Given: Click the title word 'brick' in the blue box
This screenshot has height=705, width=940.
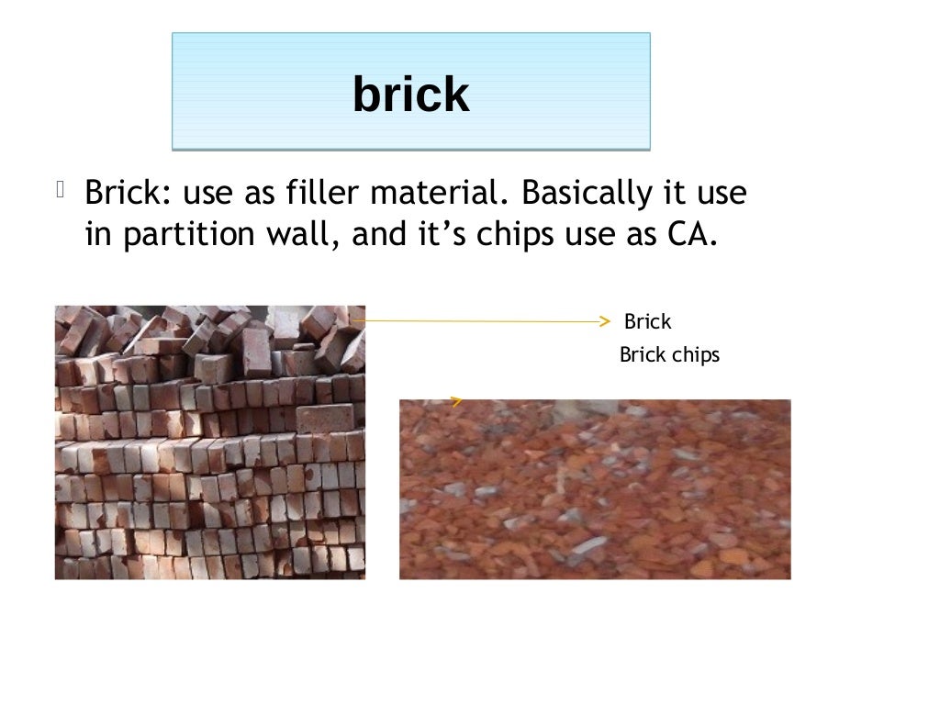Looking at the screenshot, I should pos(410,94).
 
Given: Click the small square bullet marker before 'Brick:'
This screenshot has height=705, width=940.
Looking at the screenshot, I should pos(60,191).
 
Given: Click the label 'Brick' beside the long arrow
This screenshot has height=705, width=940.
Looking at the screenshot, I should pos(647,322).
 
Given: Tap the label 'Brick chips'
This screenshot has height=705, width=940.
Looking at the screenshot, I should pos(669,355).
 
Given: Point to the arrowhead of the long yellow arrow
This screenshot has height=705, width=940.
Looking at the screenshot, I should pos(603,321).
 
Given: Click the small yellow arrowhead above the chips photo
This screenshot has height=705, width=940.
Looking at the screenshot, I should pos(455,400).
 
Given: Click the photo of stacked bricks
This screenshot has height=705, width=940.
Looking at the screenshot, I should pos(209,442).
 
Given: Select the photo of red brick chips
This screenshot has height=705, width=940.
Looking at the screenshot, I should pos(595,489).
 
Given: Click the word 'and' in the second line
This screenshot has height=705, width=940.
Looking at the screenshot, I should pos(375,235).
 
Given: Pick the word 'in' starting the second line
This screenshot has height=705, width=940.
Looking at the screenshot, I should pos(96,235).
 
